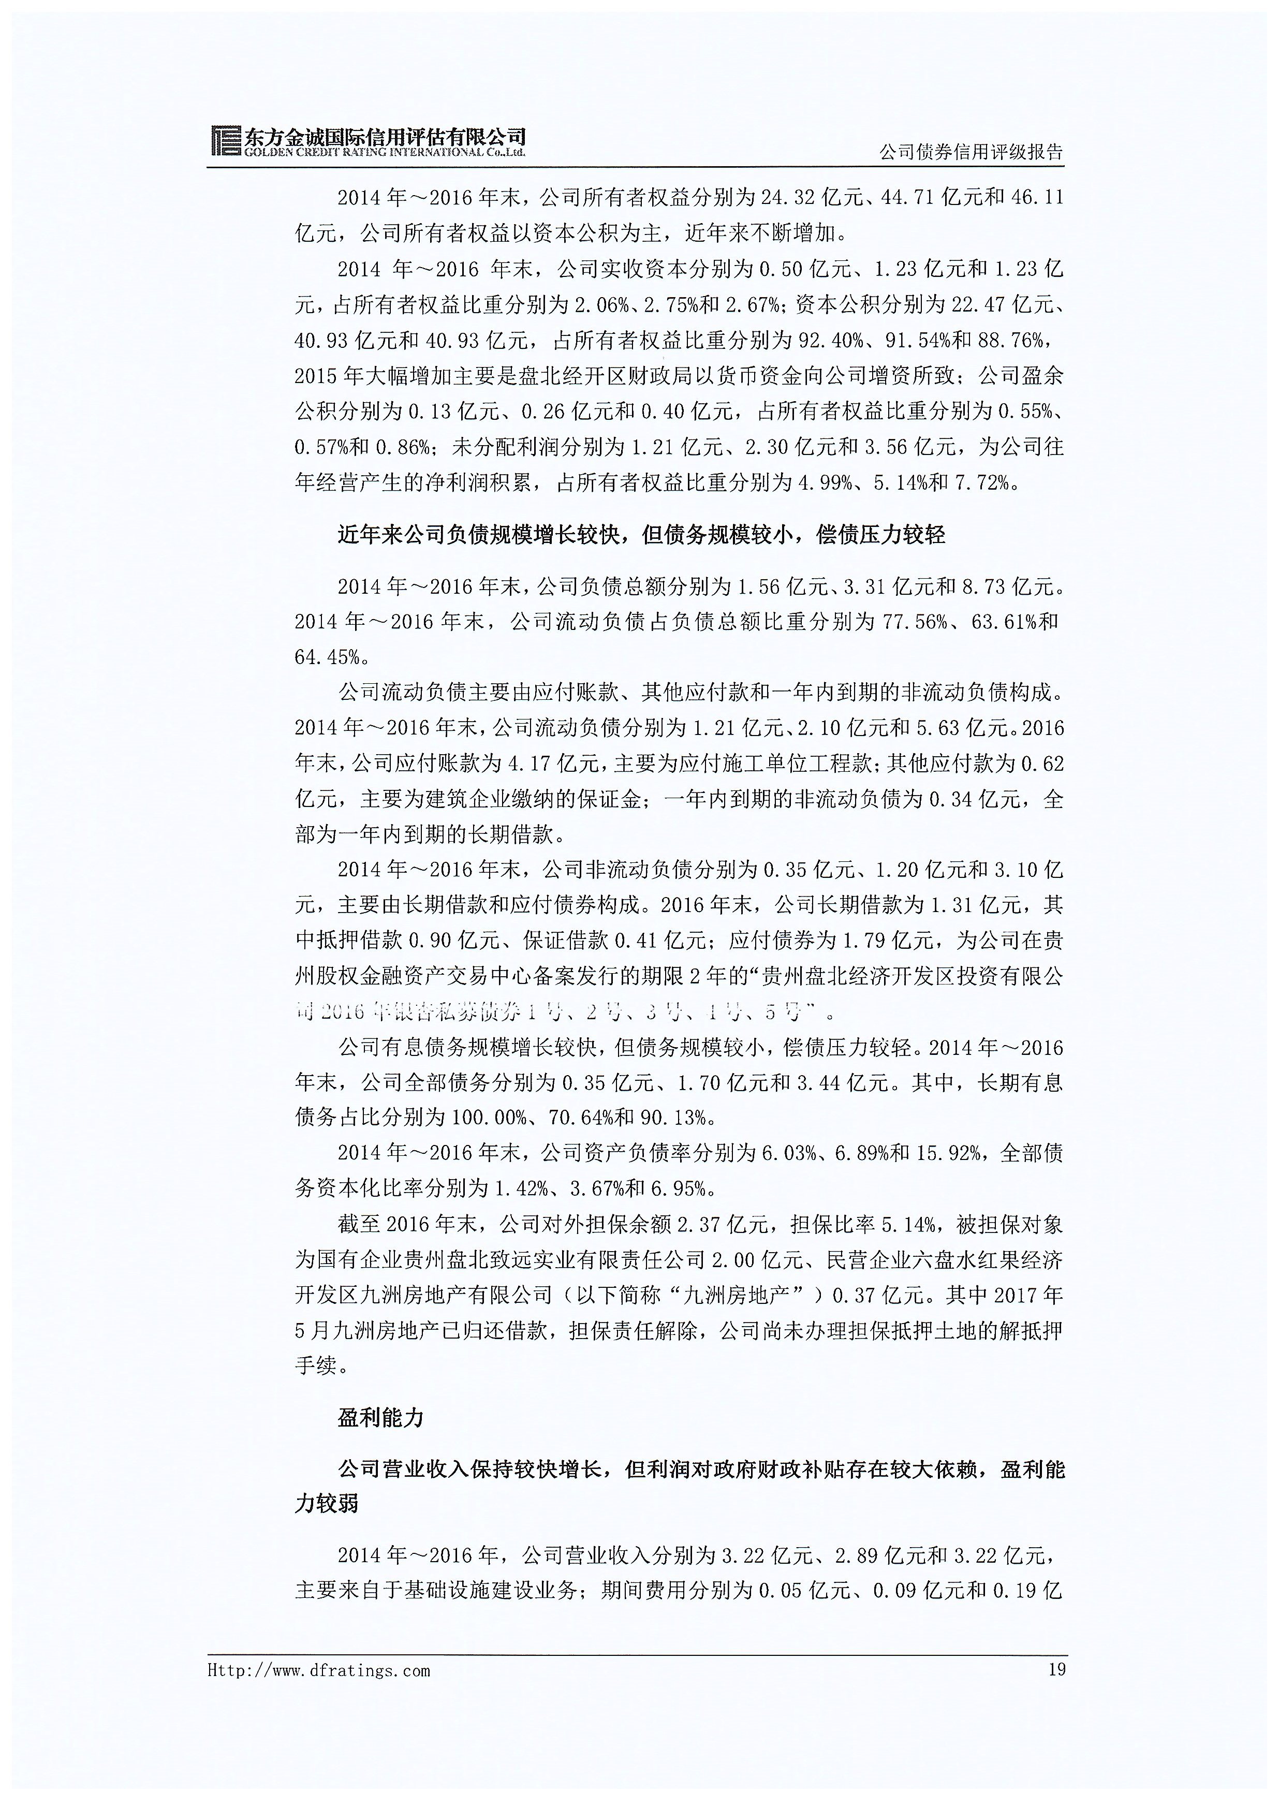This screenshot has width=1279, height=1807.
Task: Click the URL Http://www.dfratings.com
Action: [319, 1671]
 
